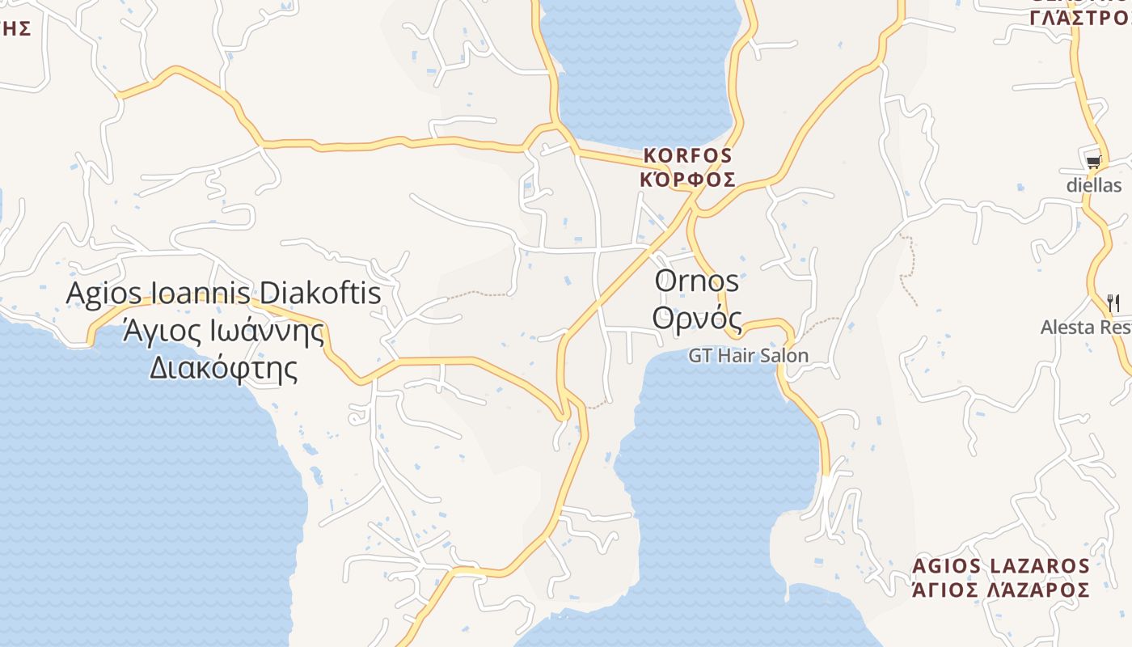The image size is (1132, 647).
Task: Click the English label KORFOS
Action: pos(687,155)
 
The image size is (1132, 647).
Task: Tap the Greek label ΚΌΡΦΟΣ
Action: pos(687,180)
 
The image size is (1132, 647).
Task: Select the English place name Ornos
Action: pos(696,281)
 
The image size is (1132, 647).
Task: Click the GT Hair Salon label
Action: pos(748,356)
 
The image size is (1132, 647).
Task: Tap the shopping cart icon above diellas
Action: pos(1093,162)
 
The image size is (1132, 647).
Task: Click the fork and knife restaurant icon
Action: pos(1113,303)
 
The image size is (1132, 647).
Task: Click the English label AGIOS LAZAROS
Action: pos(1000,566)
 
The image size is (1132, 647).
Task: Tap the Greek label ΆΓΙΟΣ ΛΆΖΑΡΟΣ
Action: pos(1000,590)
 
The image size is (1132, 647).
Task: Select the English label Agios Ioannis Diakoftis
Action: pos(223,293)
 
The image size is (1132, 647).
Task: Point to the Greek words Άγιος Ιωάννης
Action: pos(223,331)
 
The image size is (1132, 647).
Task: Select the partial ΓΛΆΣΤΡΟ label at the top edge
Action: pos(1079,18)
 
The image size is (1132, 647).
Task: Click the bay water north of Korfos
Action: pos(643,73)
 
